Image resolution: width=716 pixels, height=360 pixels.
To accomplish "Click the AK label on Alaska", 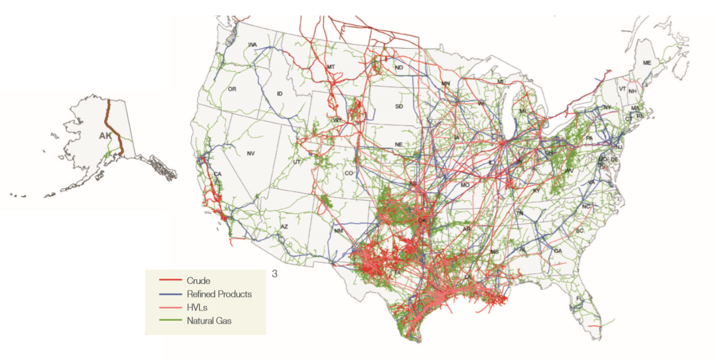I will pyautogui.click(x=105, y=136).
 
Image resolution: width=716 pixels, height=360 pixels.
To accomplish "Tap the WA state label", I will pyautogui.click(x=252, y=45).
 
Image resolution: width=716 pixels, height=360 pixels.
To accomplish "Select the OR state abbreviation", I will pyautogui.click(x=232, y=89).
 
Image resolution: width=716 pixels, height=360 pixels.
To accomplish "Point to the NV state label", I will pyautogui.click(x=251, y=154).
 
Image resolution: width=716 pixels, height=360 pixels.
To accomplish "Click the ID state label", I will pyautogui.click(x=280, y=93).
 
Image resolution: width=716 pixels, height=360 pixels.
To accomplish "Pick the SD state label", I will pyautogui.click(x=399, y=107).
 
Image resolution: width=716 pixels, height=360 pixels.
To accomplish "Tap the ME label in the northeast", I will pyautogui.click(x=647, y=63).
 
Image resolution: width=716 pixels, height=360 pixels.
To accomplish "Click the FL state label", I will pyautogui.click(x=580, y=299).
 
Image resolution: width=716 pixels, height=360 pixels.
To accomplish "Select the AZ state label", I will pyautogui.click(x=283, y=227).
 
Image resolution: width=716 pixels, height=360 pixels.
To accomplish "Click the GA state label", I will pyautogui.click(x=558, y=251).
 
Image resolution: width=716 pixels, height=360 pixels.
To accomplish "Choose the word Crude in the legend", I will pyautogui.click(x=198, y=281).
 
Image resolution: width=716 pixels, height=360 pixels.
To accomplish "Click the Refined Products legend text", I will pyautogui.click(x=219, y=294).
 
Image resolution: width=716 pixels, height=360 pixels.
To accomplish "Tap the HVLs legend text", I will pyautogui.click(x=197, y=308).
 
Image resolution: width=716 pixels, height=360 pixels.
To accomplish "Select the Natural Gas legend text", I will pyautogui.click(x=209, y=321).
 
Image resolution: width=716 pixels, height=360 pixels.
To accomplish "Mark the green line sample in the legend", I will pyautogui.click(x=170, y=321).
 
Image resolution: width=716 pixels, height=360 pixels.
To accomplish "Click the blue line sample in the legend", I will pyautogui.click(x=170, y=294).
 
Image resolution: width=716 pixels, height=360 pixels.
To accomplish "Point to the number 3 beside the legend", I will pyautogui.click(x=275, y=274).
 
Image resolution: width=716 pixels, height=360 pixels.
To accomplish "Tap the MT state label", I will pyautogui.click(x=331, y=67).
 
